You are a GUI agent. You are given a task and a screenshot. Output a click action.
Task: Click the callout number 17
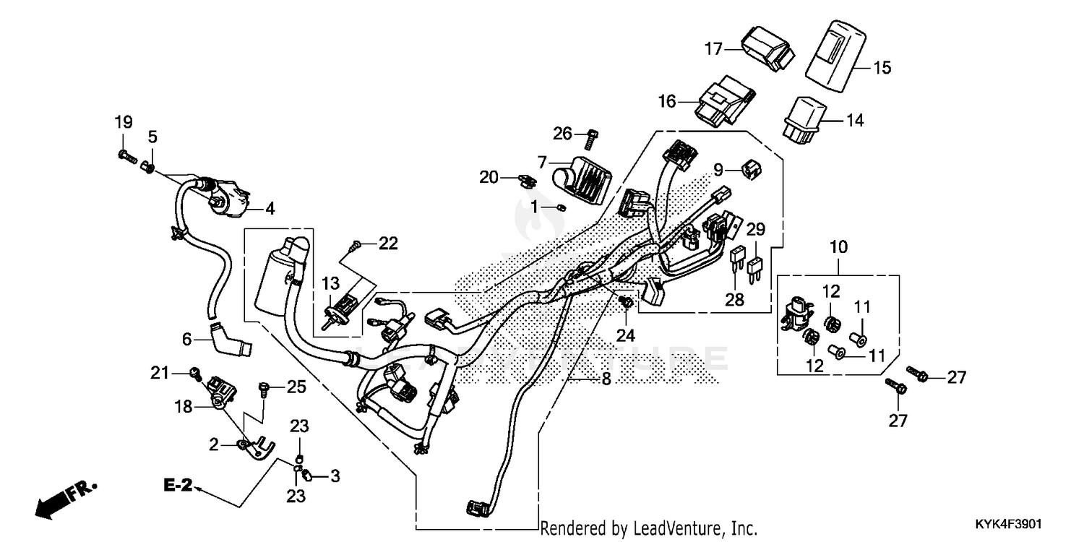(x=713, y=48)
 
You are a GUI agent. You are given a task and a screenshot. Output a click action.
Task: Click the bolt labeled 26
(x=588, y=136)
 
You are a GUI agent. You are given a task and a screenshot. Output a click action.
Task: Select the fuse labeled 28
(x=738, y=258)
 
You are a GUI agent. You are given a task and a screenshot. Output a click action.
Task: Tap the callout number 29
(x=755, y=229)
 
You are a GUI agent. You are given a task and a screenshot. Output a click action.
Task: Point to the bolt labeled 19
(x=124, y=154)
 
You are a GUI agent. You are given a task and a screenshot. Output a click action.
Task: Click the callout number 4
(x=270, y=210)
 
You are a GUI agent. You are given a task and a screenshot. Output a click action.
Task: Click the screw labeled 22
(x=355, y=247)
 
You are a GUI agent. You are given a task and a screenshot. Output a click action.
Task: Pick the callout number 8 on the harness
(x=606, y=379)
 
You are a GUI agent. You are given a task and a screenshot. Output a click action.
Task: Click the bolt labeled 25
(x=264, y=391)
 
